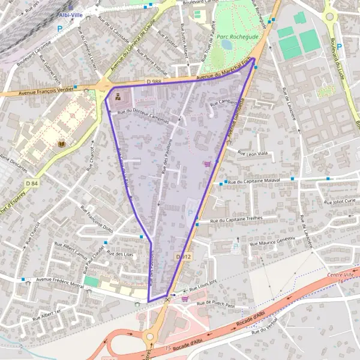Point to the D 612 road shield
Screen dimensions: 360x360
[184, 256]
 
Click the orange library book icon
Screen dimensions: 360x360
[61, 144]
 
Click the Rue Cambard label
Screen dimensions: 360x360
[223, 103]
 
